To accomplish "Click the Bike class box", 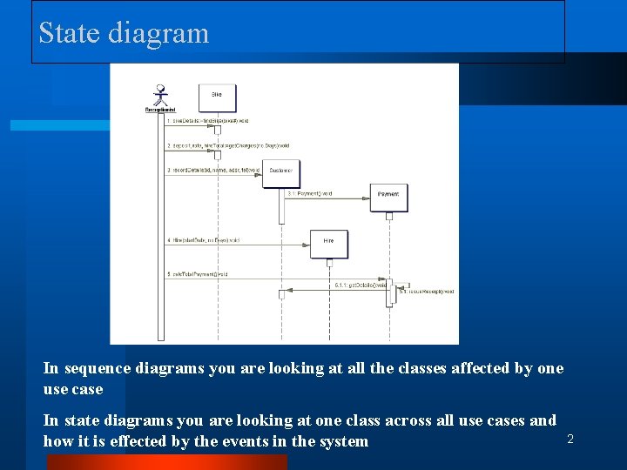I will click(217, 96).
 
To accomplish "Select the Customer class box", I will click(280, 171).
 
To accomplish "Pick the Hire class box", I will click(328, 242).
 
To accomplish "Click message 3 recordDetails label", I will click(213, 171).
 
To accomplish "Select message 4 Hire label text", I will click(203, 239).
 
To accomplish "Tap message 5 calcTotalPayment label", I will click(198, 274).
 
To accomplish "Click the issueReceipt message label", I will click(428, 292).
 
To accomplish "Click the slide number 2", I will click(570, 440).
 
